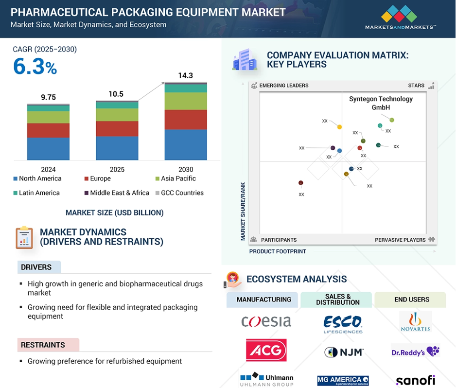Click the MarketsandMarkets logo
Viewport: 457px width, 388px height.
[401, 18]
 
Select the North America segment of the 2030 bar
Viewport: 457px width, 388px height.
[186, 144]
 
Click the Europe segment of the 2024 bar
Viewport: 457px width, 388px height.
[49, 130]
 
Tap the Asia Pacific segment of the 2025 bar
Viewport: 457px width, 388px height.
[117, 115]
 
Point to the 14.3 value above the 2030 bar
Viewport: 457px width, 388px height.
[186, 75]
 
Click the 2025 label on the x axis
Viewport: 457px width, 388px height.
[117, 169]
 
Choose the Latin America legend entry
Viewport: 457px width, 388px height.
[36, 193]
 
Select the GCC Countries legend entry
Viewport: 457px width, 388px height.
[179, 193]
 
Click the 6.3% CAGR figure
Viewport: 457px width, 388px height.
[35, 67]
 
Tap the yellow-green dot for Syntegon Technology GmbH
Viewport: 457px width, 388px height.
[392, 120]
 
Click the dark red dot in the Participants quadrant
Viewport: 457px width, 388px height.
[301, 183]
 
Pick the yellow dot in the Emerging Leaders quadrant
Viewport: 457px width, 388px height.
[339, 127]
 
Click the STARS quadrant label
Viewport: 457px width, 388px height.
[416, 86]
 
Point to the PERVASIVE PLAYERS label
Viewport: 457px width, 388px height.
[400, 240]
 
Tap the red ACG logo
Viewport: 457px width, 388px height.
[266, 350]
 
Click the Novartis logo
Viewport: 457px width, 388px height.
[415, 321]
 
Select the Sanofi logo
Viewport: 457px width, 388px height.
[416, 380]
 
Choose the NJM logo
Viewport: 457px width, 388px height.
[344, 352]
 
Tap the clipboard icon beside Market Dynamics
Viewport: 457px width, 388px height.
[24, 238]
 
